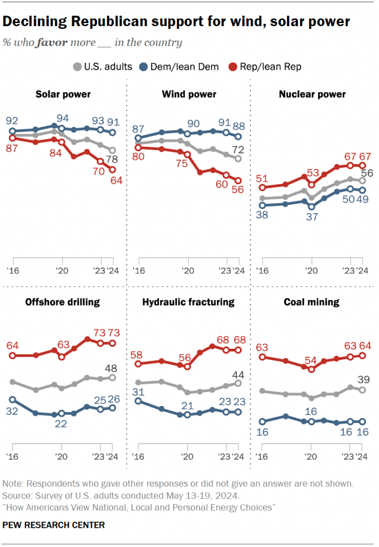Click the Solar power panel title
click(x=63, y=95)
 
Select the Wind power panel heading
click(x=189, y=95)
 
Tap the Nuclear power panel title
click(x=312, y=95)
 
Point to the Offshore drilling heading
click(x=63, y=302)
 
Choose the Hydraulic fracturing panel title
click(x=188, y=302)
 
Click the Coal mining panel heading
click(x=312, y=302)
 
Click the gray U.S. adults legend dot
click(x=77, y=67)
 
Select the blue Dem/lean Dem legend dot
click(x=144, y=67)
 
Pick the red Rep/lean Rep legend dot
click(x=233, y=67)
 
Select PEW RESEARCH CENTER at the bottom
click(x=53, y=525)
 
